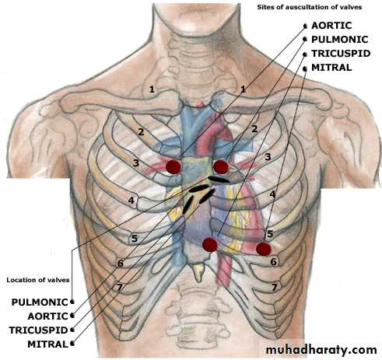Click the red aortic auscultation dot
pos(173,167)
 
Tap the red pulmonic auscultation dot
pos(221,166)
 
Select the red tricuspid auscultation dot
pos(210,244)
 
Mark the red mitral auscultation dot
pos(264,249)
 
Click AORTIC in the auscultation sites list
pos(331,26)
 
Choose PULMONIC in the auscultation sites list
pos(340,40)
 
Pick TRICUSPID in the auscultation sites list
pos(341,54)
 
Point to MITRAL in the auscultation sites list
pos(331,68)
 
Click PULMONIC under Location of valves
pos(40,302)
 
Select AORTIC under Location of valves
pos(47,316)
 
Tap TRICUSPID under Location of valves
pos(38,330)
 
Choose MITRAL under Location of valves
pos(47,344)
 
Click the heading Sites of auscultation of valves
pos(310,7)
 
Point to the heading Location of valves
pos(38,280)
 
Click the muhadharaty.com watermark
pos(321,350)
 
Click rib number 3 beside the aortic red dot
pos(136,163)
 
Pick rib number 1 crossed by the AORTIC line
pos(243,89)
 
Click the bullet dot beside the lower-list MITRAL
pos(72,344)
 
